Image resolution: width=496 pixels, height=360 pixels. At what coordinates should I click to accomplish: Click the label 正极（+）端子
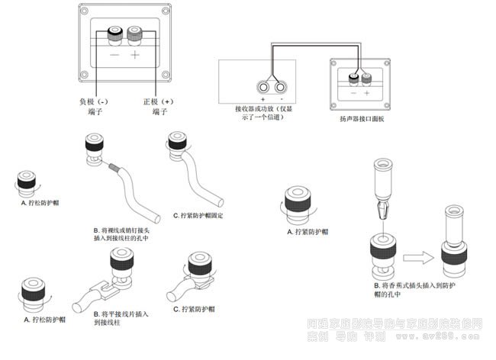tap(159, 106)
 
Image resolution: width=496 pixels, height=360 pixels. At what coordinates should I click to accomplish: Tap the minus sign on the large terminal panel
tap(114, 56)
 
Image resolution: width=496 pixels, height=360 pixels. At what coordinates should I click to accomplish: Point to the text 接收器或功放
tap(257, 110)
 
